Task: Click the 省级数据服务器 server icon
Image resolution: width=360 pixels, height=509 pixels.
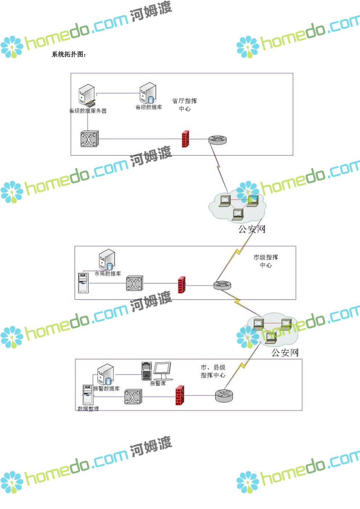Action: (87, 95)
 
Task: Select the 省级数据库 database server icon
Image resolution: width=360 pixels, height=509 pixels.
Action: (148, 93)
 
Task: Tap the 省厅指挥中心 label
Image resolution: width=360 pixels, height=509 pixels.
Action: (184, 104)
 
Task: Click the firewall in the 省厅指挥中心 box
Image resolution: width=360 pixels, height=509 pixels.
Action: (185, 139)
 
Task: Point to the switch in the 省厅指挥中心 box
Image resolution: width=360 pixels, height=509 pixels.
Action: (89, 139)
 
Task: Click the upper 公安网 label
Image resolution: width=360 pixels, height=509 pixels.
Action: (252, 229)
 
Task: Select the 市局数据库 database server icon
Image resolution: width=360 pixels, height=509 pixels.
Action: (107, 260)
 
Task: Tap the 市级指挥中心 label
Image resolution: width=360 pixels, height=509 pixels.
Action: (266, 261)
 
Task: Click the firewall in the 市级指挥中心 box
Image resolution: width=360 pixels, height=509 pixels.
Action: (181, 285)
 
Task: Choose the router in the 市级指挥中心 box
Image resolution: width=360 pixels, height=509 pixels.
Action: (222, 285)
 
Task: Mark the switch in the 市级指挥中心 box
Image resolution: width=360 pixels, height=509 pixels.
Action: (135, 283)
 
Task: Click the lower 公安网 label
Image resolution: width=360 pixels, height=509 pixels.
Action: (285, 352)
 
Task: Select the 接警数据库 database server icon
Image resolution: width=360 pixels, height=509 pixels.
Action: (106, 375)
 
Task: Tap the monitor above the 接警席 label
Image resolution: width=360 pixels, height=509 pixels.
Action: (162, 370)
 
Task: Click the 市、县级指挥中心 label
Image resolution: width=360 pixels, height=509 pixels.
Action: (213, 371)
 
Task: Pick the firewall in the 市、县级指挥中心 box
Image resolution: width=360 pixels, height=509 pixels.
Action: (179, 395)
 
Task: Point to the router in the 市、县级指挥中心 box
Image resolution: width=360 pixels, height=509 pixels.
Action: (224, 395)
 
